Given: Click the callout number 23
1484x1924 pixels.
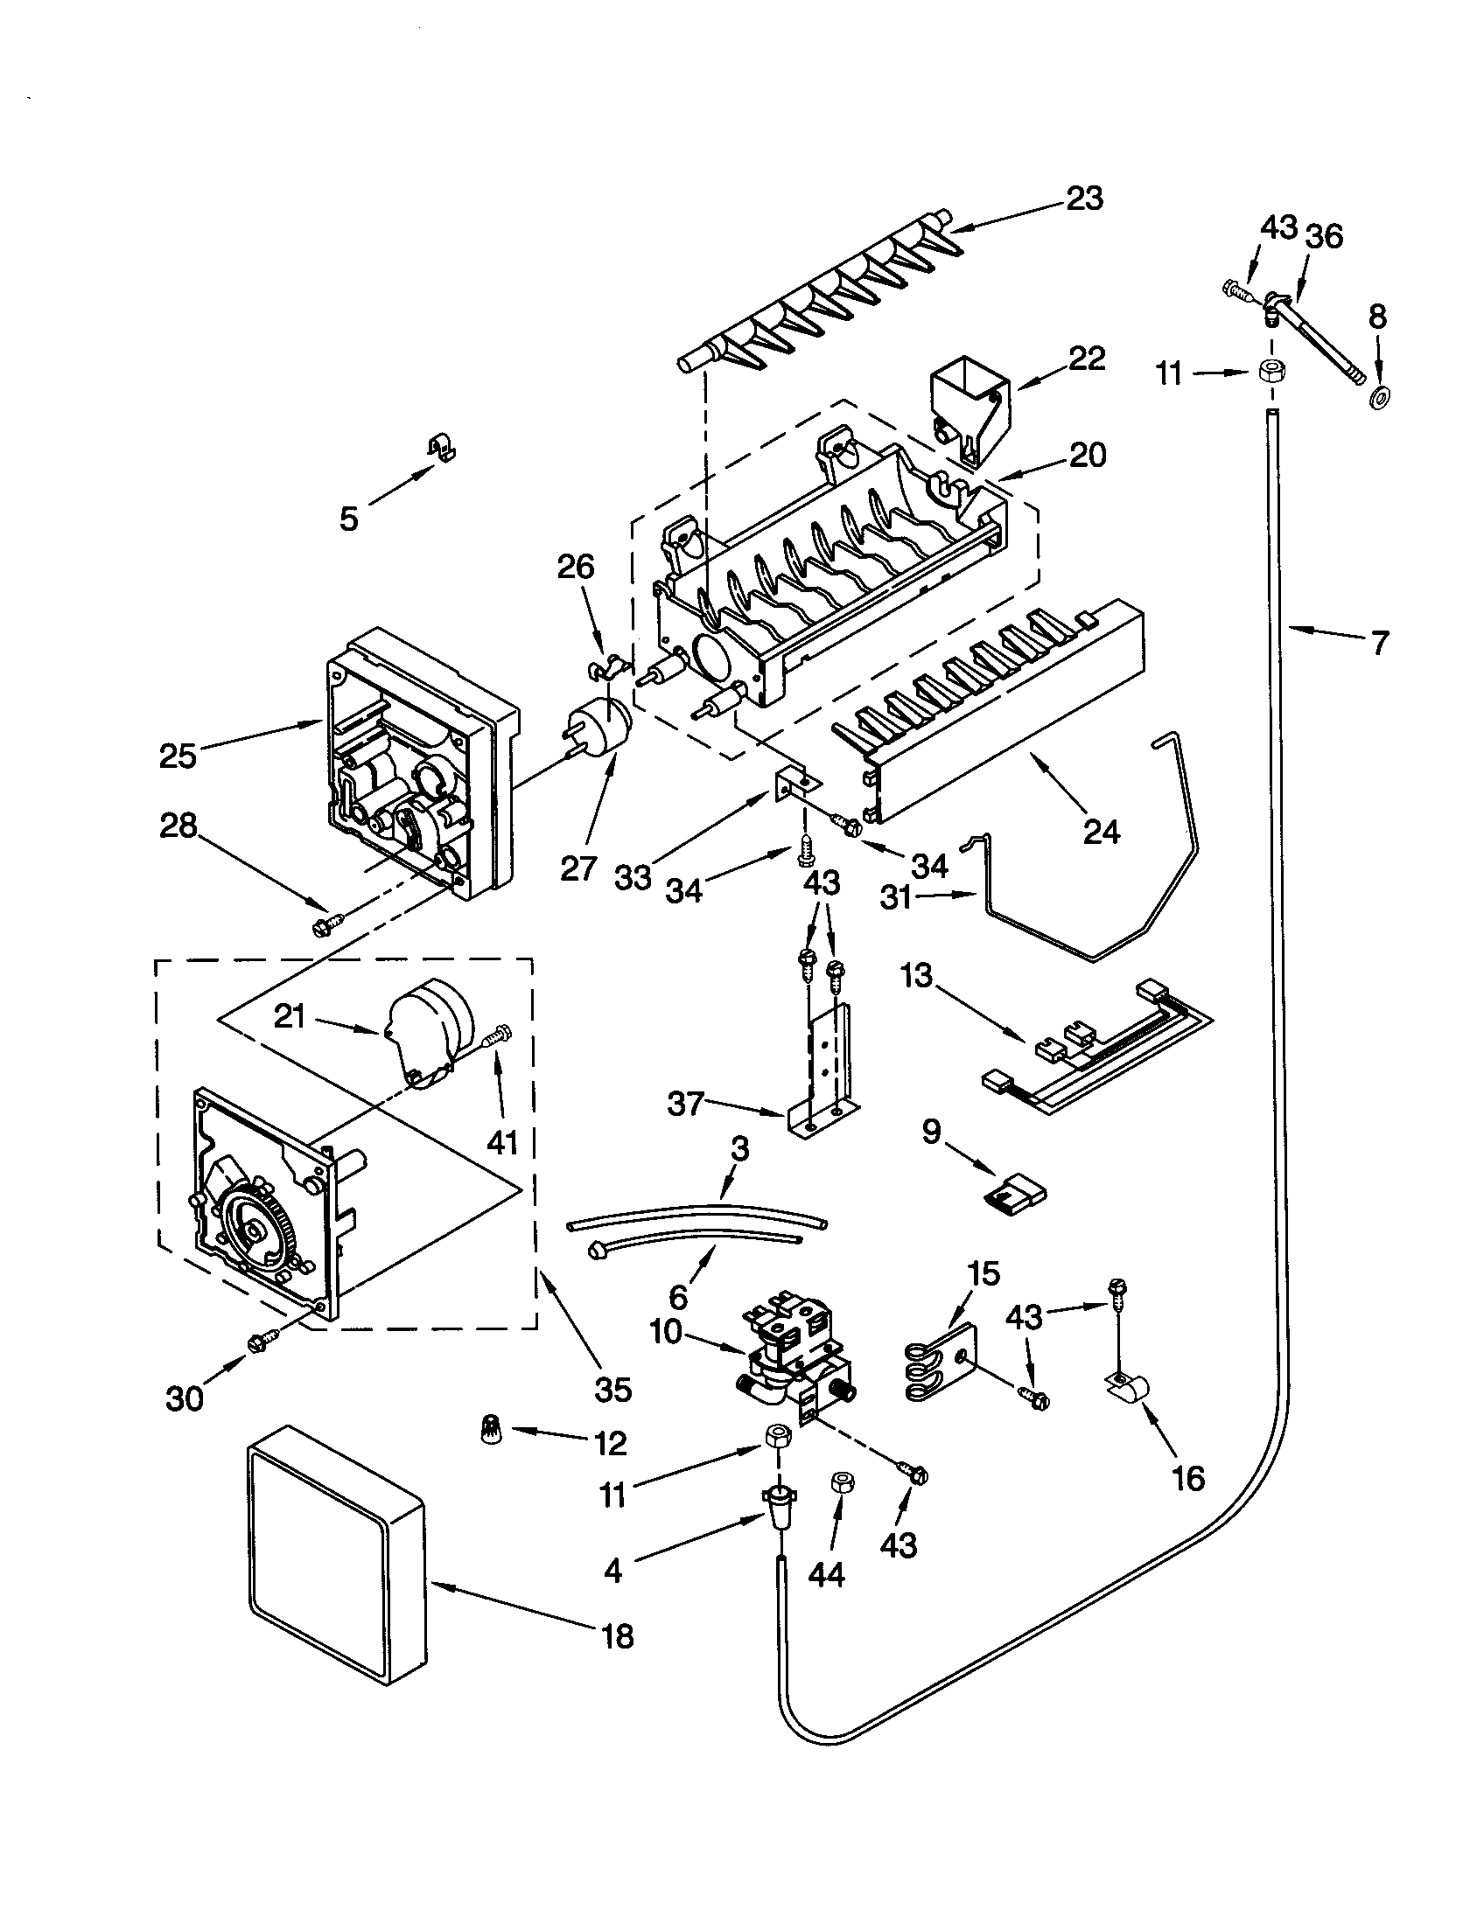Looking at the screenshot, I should (x=1084, y=199).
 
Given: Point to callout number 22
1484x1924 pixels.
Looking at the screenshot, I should (x=1086, y=359).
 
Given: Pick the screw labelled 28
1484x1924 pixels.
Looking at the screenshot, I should (x=327, y=925).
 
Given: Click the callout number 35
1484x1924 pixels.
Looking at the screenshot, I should (x=612, y=1391).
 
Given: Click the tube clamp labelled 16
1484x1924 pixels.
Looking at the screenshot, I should (x=1130, y=1390).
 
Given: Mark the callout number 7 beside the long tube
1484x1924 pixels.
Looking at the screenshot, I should (x=1380, y=642).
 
